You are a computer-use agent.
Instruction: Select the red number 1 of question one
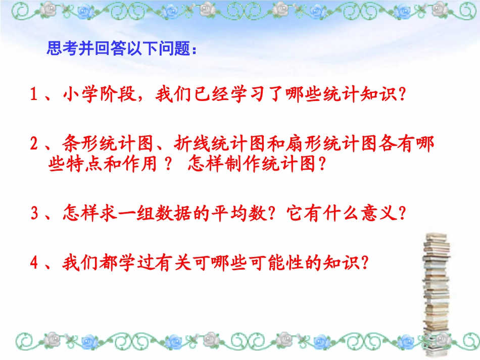(x=34, y=95)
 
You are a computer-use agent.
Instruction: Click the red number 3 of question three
(x=34, y=213)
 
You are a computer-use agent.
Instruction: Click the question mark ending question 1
(x=403, y=95)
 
